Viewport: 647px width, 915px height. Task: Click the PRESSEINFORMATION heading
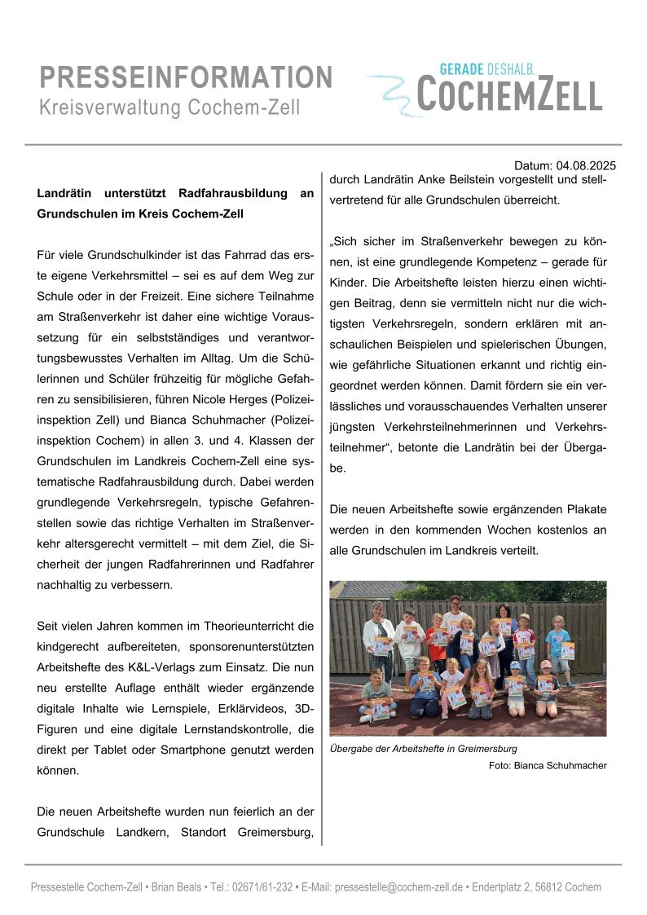tap(186, 77)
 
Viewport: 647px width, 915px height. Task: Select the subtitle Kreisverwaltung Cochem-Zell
tap(169, 108)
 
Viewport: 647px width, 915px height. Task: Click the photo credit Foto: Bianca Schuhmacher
tap(548, 765)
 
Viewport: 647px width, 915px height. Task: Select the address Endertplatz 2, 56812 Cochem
tap(536, 887)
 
